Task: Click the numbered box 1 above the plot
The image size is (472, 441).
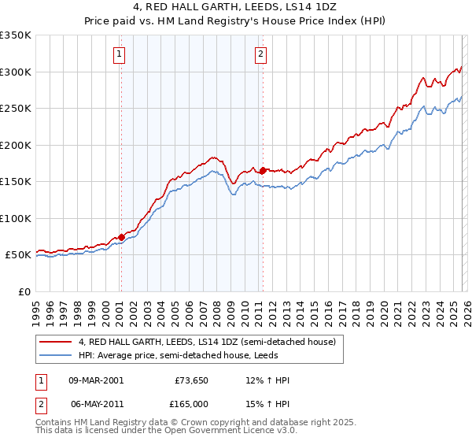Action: pyautogui.click(x=119, y=54)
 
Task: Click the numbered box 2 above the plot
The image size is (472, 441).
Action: pyautogui.click(x=260, y=54)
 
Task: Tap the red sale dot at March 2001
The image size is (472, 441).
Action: pyautogui.click(x=121, y=237)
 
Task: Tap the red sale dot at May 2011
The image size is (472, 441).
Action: pyautogui.click(x=263, y=169)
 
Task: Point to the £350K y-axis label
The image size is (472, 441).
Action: pyautogui.click(x=16, y=35)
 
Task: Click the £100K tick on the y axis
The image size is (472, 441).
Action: pyautogui.click(x=16, y=218)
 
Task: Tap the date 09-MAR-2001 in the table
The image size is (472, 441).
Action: pyautogui.click(x=95, y=380)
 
